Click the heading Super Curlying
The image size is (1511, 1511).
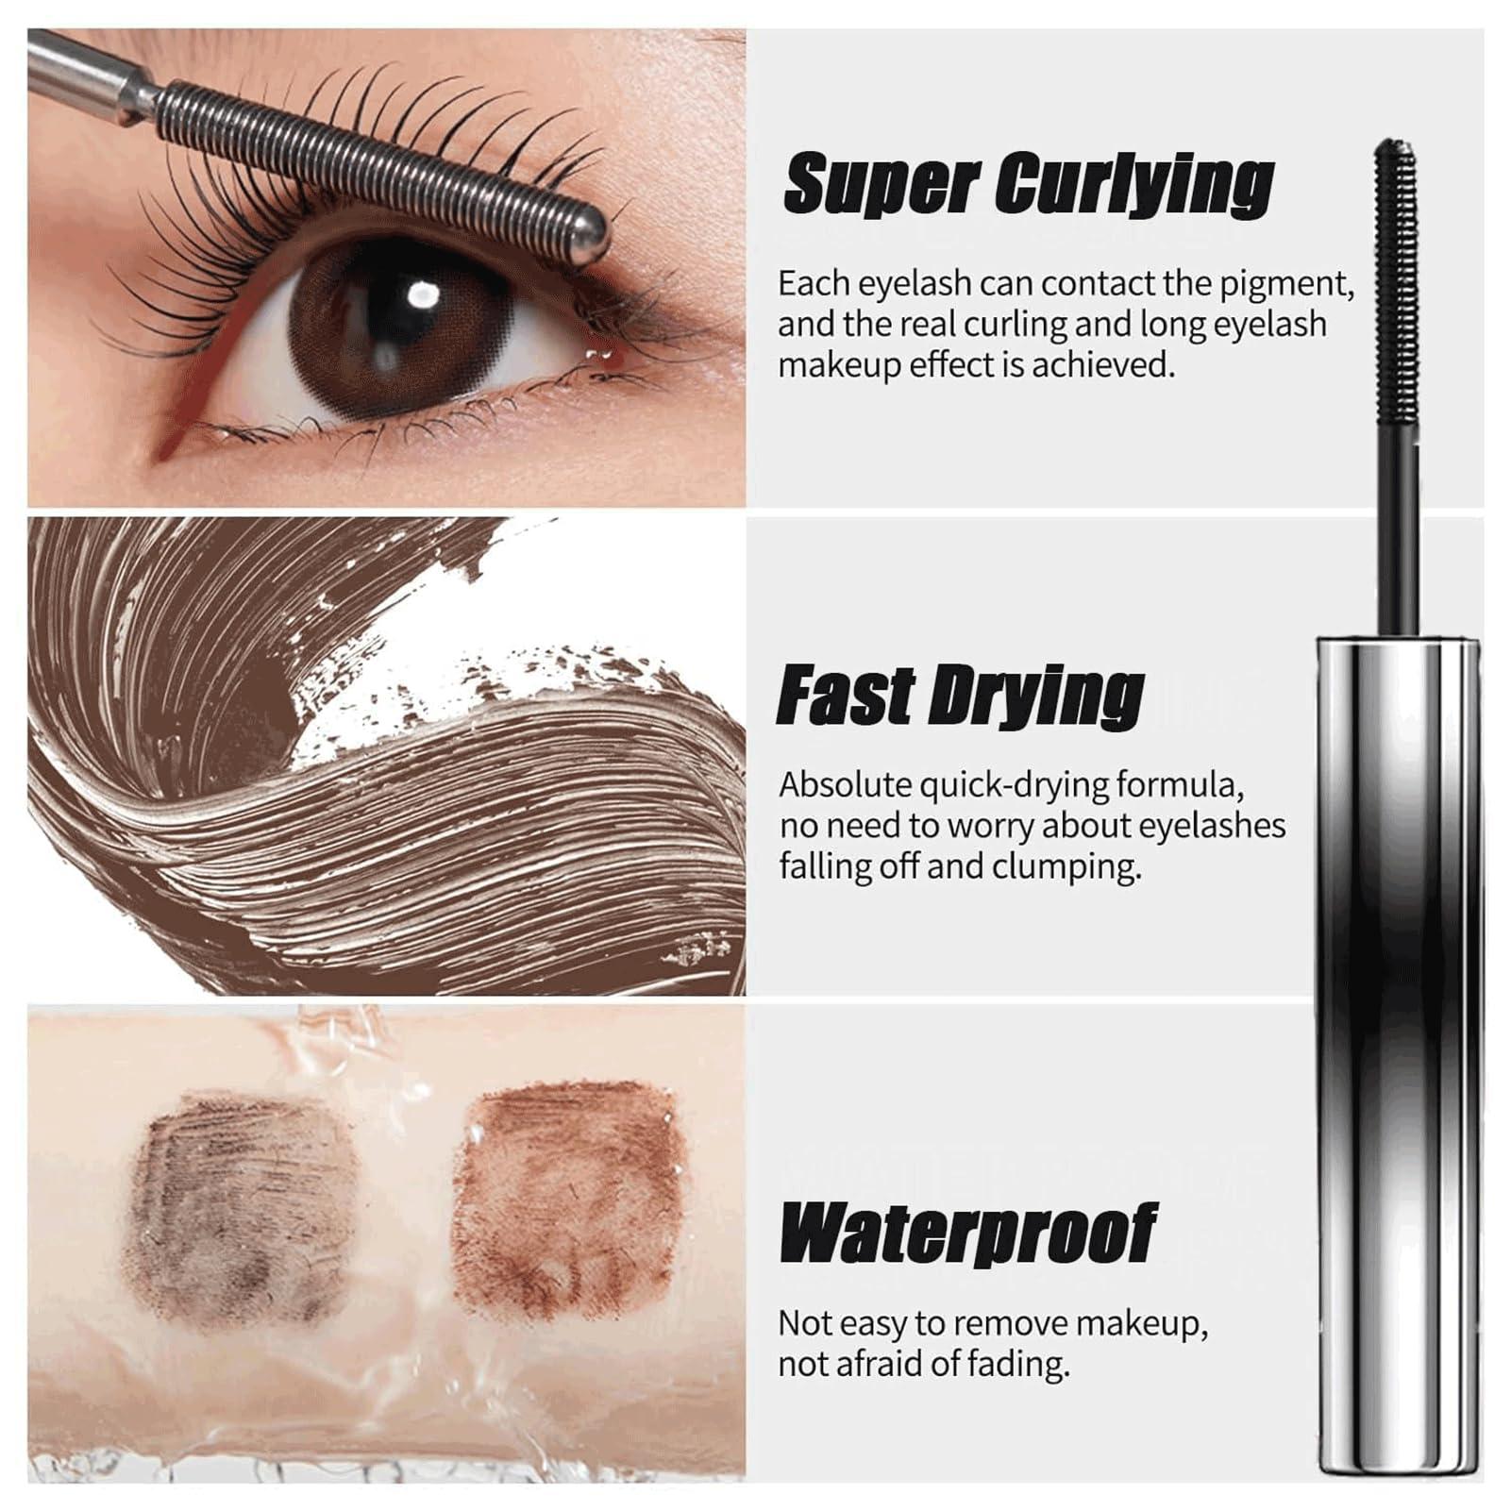pyautogui.click(x=1029, y=183)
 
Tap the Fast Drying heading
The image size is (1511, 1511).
pyautogui.click(x=960, y=696)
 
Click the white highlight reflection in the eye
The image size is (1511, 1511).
pyautogui.click(x=418, y=296)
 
